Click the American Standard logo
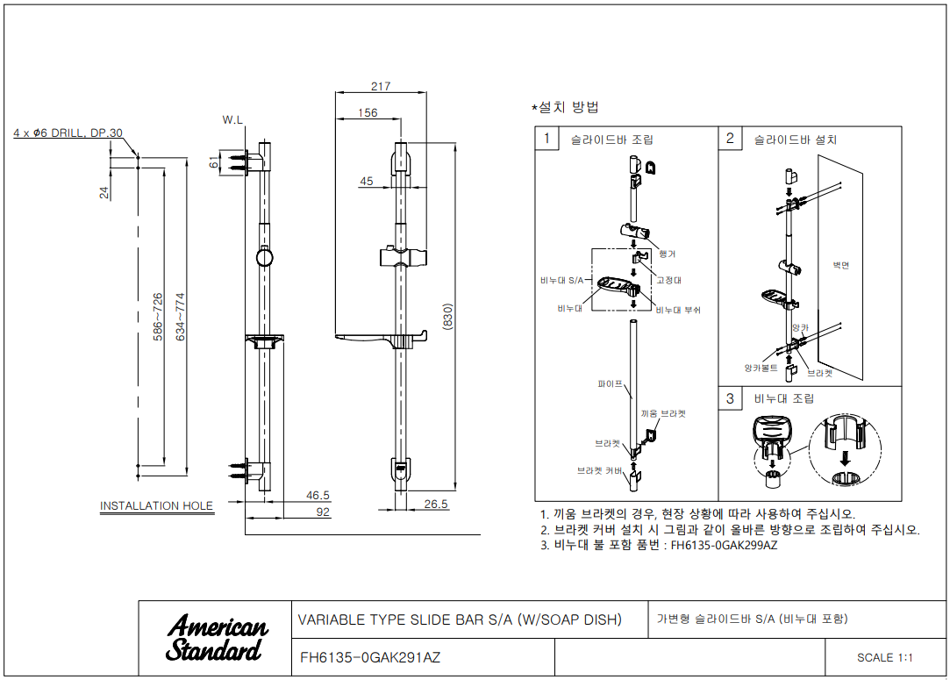point(217,638)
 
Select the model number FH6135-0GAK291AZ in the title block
point(370,657)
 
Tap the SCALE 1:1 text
point(885,657)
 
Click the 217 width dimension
point(381,86)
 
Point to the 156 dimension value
point(368,112)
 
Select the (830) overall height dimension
point(447,316)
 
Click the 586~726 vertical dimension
point(158,316)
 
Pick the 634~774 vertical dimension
point(182,316)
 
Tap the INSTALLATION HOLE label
point(156,505)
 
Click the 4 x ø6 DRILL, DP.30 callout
point(68,132)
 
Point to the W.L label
point(233,118)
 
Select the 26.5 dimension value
point(436,504)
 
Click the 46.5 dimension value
point(318,495)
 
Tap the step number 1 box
point(546,139)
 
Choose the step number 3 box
point(730,399)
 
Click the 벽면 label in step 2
point(840,264)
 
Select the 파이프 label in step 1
point(611,383)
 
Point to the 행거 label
point(667,254)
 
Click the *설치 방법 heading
point(565,107)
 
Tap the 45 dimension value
point(366,181)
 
